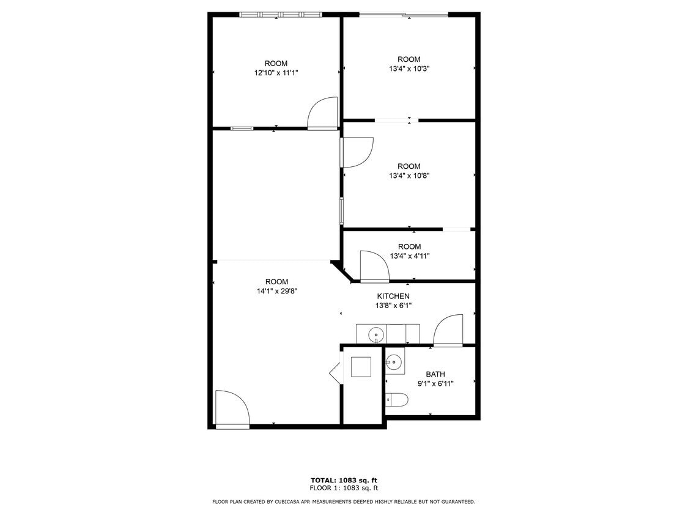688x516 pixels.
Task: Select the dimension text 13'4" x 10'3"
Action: click(409, 69)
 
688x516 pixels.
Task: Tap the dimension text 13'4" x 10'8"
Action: click(409, 176)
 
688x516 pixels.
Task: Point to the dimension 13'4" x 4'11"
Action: click(409, 256)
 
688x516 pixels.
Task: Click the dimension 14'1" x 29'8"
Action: click(276, 292)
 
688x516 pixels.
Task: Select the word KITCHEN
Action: click(393, 296)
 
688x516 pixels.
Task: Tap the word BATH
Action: click(435, 374)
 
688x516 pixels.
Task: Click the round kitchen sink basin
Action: click(376, 334)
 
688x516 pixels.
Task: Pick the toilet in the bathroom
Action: click(398, 400)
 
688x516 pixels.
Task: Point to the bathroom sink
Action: click(395, 361)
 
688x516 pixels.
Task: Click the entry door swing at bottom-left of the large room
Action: click(232, 408)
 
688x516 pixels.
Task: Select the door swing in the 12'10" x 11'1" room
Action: click(322, 113)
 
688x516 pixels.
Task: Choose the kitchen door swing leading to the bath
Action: click(448, 330)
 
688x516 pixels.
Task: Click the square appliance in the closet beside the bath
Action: click(361, 367)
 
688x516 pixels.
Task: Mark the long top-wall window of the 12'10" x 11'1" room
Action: click(280, 14)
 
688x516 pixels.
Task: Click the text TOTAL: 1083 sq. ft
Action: click(344, 480)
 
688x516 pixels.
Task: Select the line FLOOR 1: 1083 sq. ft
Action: click(344, 488)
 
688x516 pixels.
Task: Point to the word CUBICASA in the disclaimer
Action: click(279, 502)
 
